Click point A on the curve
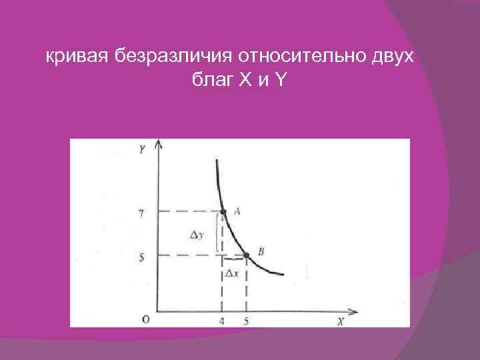[x=223, y=211]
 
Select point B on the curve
[x=246, y=255]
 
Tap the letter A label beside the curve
[x=236, y=211]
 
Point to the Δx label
[x=232, y=273]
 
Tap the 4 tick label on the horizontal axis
[x=222, y=321]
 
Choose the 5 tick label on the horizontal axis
[x=246, y=321]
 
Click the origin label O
[x=145, y=319]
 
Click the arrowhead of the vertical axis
[x=157, y=145]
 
